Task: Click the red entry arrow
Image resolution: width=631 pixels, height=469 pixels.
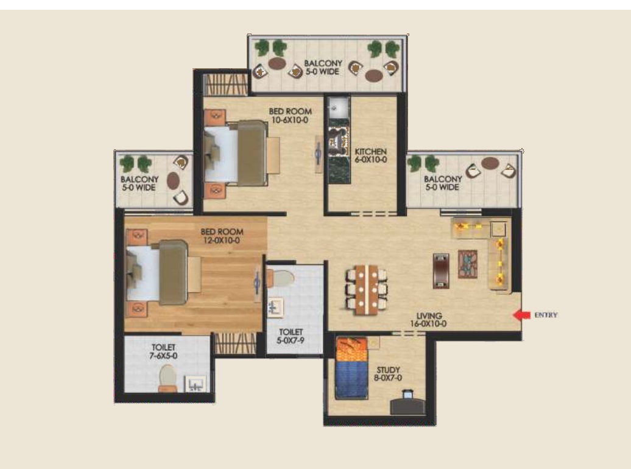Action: (x=522, y=315)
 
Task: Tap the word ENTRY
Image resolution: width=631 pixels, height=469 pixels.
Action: (x=546, y=316)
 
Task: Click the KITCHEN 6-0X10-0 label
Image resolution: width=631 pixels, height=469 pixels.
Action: (x=371, y=155)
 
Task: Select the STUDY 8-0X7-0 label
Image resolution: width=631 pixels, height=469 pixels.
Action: (x=388, y=373)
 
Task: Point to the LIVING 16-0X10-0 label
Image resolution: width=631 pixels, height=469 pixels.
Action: (x=429, y=320)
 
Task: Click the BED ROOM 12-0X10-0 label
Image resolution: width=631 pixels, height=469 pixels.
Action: (x=222, y=236)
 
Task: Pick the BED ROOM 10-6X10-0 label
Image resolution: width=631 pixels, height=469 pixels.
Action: (x=290, y=116)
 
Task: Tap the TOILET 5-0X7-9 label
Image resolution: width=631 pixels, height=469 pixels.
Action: (x=291, y=336)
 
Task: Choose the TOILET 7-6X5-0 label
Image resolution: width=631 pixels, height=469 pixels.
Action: (x=163, y=351)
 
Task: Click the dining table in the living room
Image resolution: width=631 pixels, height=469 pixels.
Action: (x=366, y=289)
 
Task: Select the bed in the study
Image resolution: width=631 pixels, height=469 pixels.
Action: (x=351, y=368)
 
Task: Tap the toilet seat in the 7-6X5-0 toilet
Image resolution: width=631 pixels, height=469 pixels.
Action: (x=168, y=378)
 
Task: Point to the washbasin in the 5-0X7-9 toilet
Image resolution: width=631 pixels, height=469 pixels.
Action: (x=276, y=308)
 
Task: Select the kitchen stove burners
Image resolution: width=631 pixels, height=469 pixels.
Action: (x=339, y=141)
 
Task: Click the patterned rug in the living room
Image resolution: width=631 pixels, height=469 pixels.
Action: (x=468, y=264)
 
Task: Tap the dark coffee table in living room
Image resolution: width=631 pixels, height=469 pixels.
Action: (x=441, y=270)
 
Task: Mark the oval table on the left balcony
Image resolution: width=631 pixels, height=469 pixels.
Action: (x=173, y=181)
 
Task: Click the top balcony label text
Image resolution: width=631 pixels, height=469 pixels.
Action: (x=323, y=67)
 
